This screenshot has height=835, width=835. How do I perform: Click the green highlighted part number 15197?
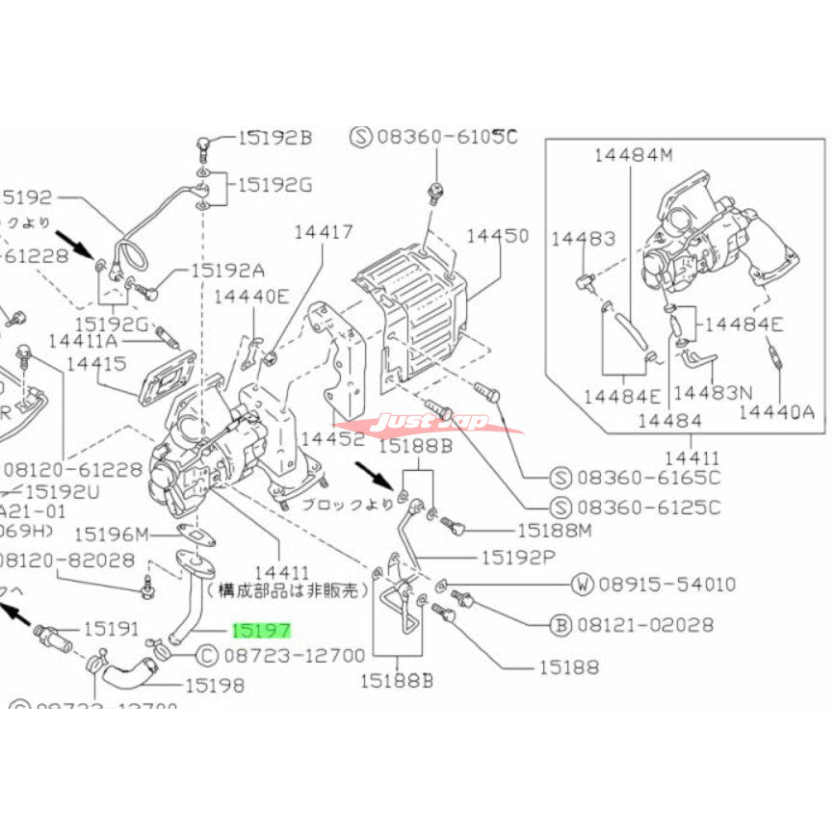[261, 632]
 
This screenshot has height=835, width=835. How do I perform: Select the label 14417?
[324, 231]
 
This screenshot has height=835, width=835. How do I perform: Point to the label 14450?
[499, 235]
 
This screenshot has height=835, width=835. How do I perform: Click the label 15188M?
[554, 529]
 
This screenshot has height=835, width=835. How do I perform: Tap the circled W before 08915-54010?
[584, 584]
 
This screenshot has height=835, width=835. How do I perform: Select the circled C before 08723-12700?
[207, 656]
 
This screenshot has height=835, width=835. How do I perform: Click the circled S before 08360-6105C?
[361, 137]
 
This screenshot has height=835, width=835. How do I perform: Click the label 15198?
[214, 686]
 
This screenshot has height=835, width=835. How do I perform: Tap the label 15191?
[113, 628]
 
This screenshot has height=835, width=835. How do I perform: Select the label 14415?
[96, 364]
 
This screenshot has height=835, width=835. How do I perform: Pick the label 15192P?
[519, 556]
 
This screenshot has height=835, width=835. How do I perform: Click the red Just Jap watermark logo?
[431, 423]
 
